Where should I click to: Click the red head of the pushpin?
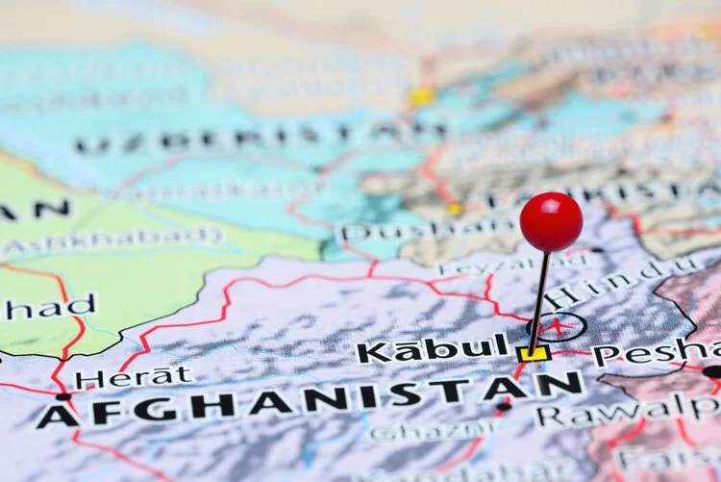click(x=551, y=221)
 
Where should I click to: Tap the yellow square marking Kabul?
click(x=533, y=354)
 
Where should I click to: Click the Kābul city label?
click(x=433, y=348)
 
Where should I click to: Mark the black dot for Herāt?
click(x=63, y=396)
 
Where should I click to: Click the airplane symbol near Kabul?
click(x=557, y=326)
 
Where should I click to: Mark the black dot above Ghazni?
click(x=503, y=407)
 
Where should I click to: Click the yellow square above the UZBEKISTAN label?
click(x=420, y=96)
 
